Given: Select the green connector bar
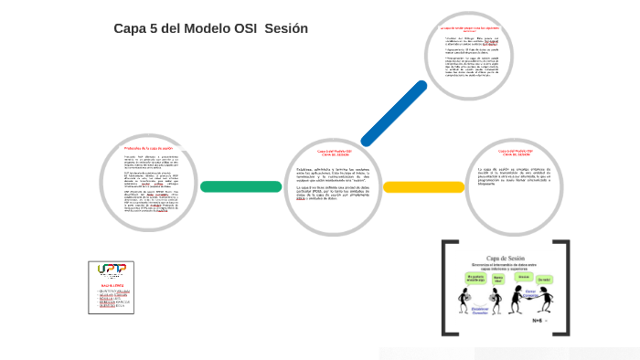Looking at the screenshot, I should tap(240, 186).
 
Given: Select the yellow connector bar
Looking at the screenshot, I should tap(423, 186).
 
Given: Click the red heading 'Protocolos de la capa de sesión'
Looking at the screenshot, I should tap(148, 148).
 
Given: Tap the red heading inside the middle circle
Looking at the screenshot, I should tap(335, 153).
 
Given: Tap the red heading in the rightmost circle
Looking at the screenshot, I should tap(516, 153).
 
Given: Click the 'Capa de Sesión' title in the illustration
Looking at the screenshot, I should tap(505, 259).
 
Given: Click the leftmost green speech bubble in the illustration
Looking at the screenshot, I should tap(474, 277).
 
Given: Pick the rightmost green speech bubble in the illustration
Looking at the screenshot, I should tap(545, 280).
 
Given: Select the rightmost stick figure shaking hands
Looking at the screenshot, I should tap(546, 298).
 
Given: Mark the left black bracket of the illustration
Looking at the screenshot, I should tap(444, 287).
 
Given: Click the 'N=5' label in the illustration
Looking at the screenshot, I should tap(539, 321).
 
